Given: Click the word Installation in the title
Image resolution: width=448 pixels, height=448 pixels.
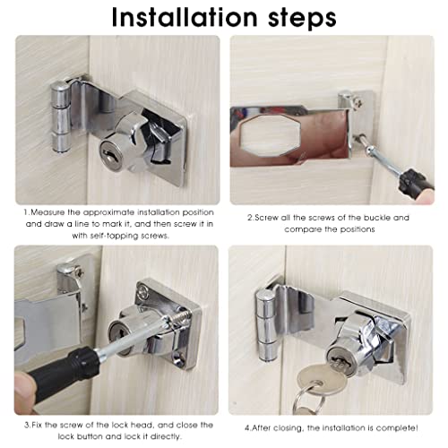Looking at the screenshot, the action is click(x=185, y=17).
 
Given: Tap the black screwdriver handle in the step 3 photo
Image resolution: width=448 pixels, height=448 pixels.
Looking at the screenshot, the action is click(x=58, y=370).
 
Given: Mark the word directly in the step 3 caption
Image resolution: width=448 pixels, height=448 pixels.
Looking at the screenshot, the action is click(x=166, y=436).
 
